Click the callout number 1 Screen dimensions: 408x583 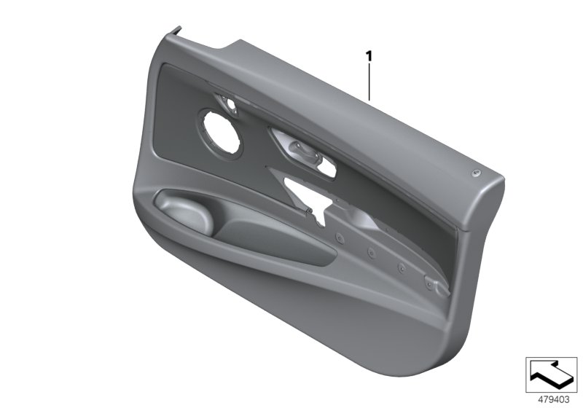[x=369, y=55]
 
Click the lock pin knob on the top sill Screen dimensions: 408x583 [x=474, y=172]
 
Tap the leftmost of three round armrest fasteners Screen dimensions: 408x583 [x=340, y=236]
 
